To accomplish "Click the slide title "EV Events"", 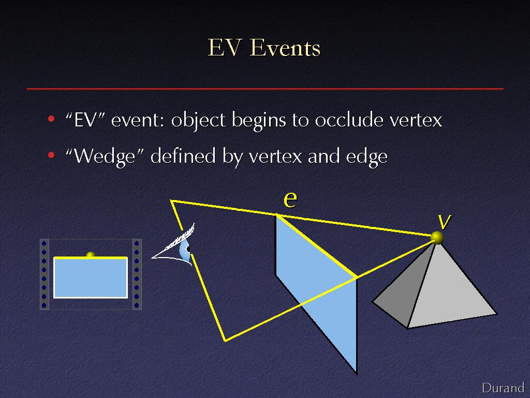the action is click(264, 48).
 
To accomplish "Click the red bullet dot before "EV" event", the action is click(51, 119).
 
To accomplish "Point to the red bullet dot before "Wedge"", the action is click(51, 155).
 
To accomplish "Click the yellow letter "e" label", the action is click(290, 200).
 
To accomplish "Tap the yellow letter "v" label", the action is click(444, 222).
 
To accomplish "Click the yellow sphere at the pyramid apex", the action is click(437, 237).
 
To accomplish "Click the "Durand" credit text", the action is click(503, 388).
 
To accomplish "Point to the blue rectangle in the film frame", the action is click(91, 278).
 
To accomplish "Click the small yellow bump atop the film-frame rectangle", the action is click(91, 254).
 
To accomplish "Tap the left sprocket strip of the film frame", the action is click(45, 274).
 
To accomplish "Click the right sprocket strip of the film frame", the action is click(137, 274).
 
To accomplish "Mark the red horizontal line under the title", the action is click(265, 89).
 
